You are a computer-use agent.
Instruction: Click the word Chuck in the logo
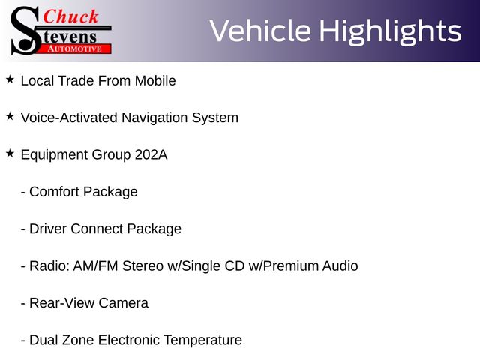pos(70,16)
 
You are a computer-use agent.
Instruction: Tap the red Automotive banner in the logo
pos(73,49)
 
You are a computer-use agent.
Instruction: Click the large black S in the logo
pos(25,31)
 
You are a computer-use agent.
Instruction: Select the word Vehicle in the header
pos(260,31)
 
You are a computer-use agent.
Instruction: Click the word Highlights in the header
pos(390,31)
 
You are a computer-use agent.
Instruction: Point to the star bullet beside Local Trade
pos(10,79)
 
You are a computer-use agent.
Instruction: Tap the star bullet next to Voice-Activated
pos(10,117)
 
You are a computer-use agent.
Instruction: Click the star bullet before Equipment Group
pos(10,154)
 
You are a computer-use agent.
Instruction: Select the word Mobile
pos(155,81)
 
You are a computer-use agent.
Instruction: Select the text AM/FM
pos(95,266)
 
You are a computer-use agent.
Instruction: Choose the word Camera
pos(123,303)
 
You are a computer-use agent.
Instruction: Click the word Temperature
pos(202,340)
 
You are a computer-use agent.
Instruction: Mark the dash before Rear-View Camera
pos(23,304)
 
